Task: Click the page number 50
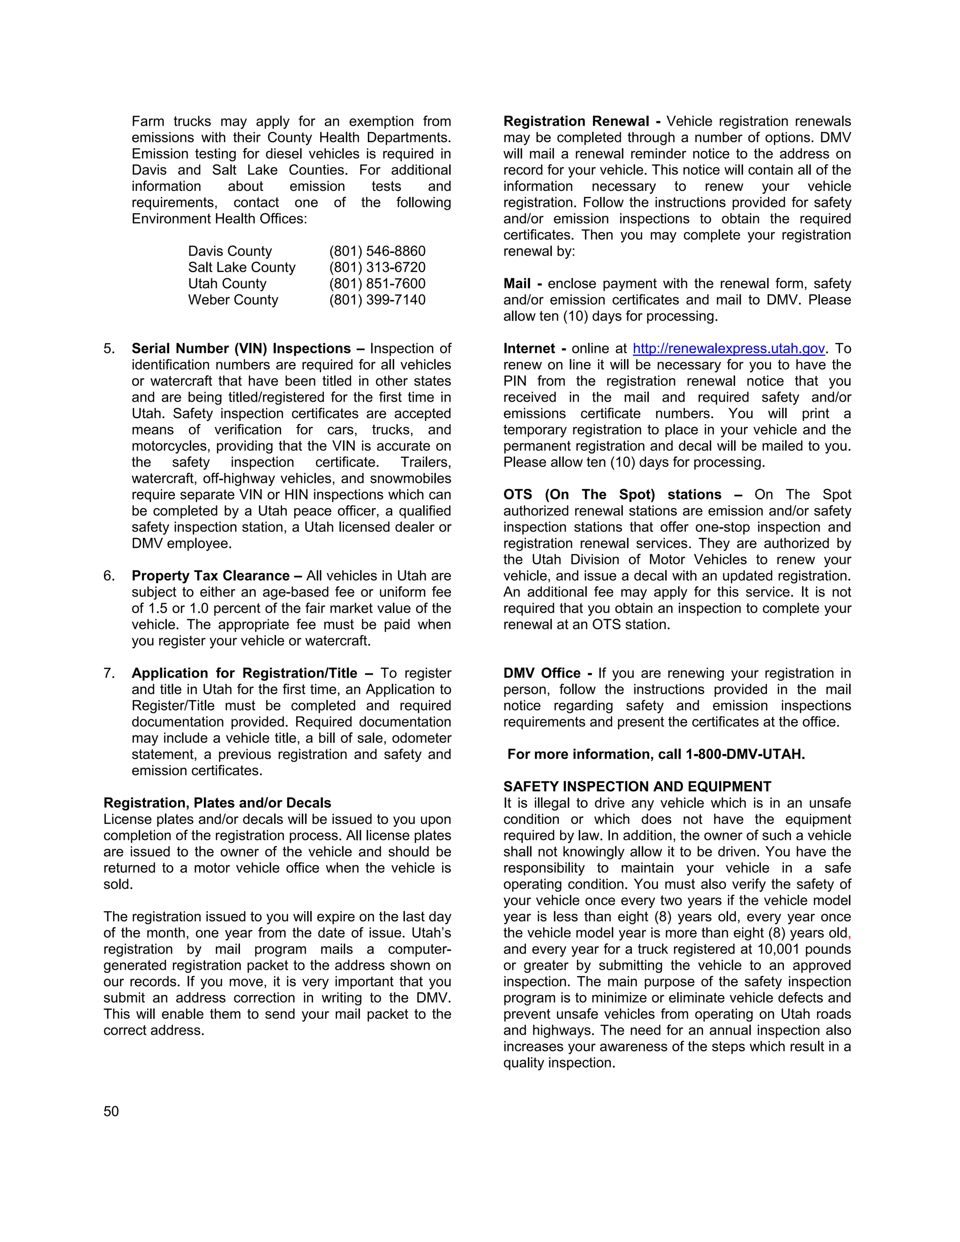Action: [111, 1111]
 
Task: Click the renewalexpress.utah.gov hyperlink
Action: [728, 349]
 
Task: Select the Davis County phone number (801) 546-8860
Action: [377, 251]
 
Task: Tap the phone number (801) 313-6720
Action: [377, 267]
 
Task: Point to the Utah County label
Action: [227, 284]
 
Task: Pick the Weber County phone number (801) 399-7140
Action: [377, 299]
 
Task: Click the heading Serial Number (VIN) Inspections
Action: [241, 349]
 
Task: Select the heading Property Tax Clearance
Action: [210, 576]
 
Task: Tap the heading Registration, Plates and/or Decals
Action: [217, 803]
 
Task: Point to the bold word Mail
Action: [517, 284]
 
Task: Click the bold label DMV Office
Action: [541, 673]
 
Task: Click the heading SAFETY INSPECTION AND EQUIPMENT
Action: [637, 786]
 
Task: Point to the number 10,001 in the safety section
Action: [778, 949]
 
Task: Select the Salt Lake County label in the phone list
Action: [242, 267]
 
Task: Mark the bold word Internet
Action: [529, 349]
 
